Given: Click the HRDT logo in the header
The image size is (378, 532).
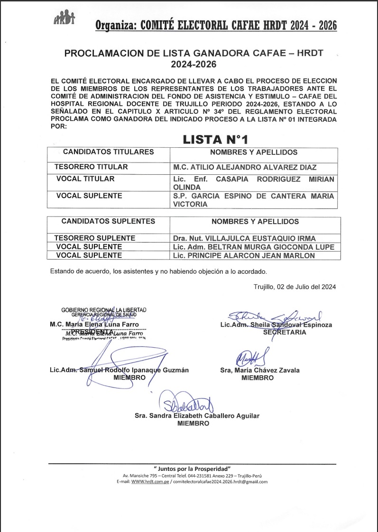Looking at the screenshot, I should coord(65,19).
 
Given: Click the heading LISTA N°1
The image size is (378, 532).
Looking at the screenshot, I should coord(215,139).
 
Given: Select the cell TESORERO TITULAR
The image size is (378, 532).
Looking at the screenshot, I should coord(91,167).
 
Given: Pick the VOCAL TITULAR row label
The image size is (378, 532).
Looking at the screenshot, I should coord(85,179).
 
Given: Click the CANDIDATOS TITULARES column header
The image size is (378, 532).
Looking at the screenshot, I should coord(108,152).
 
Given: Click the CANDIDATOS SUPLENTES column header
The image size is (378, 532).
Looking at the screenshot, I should coord(108,221).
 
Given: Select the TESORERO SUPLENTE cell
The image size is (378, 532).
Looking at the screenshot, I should coord(95,238).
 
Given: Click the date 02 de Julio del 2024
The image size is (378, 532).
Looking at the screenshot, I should coord(295,287).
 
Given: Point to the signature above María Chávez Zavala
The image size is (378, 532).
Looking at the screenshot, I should coord(253,356).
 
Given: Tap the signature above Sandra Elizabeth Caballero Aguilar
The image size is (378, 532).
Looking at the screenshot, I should coord(187,403).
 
